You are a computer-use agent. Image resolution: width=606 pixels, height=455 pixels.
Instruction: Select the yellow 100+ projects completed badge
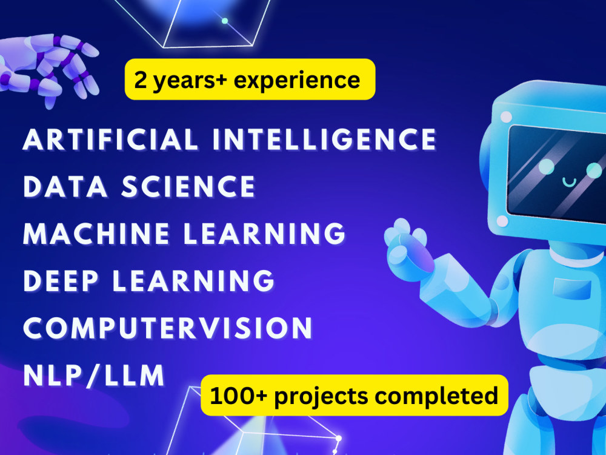(x=355, y=396)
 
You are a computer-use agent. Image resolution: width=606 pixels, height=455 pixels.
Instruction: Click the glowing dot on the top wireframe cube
(x=225, y=21)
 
